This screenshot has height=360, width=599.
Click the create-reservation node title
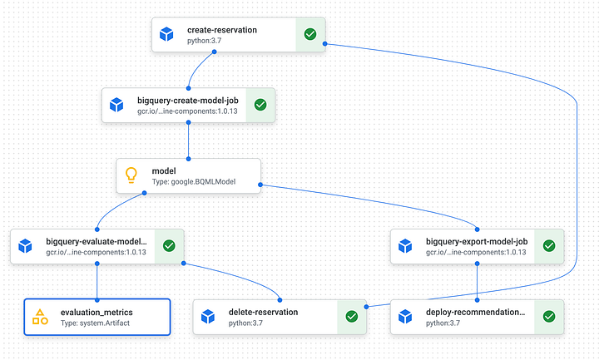(x=222, y=30)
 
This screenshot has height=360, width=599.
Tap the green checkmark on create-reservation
(x=309, y=35)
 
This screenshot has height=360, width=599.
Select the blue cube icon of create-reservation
(x=166, y=35)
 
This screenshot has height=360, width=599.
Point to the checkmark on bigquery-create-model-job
(x=260, y=105)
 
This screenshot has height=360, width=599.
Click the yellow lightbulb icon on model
(x=131, y=175)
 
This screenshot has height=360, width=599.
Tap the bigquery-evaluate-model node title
(x=97, y=240)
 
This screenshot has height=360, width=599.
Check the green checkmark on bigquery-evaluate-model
(x=168, y=246)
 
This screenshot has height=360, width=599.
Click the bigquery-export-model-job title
(x=475, y=240)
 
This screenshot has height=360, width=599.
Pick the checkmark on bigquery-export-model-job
(x=548, y=246)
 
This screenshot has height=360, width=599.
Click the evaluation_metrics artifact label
(x=97, y=312)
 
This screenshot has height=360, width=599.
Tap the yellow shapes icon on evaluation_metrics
(x=39, y=317)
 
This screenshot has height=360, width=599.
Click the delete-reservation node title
(x=263, y=312)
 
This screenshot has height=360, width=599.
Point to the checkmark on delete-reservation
(x=351, y=317)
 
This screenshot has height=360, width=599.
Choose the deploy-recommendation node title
(x=475, y=312)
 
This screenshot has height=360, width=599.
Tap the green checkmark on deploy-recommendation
(x=548, y=317)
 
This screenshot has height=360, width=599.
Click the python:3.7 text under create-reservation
(x=205, y=41)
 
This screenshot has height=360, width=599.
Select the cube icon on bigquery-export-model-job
(x=405, y=246)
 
